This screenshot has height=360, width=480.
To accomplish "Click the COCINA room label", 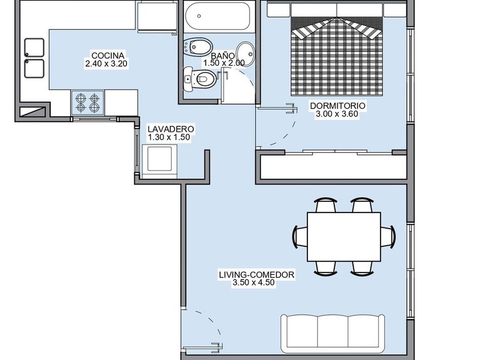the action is (108, 56).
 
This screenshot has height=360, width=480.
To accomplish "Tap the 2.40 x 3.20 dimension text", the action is (106, 63).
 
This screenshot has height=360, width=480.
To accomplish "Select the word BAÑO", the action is (223, 56).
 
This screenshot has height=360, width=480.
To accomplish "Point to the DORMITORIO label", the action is (338, 106).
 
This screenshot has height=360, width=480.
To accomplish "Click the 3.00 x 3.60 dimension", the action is (337, 114).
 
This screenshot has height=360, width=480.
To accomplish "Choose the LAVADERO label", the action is (171, 129).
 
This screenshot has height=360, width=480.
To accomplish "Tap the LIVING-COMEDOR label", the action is (257, 275).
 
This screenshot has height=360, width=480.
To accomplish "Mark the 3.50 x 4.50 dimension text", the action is (254, 282).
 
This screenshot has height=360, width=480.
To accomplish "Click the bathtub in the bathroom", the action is (218, 16).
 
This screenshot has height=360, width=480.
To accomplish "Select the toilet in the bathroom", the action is (199, 79).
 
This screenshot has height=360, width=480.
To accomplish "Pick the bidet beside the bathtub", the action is (198, 47).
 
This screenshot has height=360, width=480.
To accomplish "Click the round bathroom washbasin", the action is (246, 54).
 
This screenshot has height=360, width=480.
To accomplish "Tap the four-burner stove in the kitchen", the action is (87, 103).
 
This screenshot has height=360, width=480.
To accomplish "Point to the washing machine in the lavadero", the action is (159, 161).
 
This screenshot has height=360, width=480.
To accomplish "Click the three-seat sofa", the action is (333, 333).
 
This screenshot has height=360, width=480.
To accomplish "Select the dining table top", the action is (344, 237).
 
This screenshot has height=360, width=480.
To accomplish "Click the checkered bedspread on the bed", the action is (337, 56).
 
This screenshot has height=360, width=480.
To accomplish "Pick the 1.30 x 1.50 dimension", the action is (169, 138).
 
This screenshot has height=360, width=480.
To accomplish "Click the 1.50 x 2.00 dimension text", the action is (224, 63).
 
